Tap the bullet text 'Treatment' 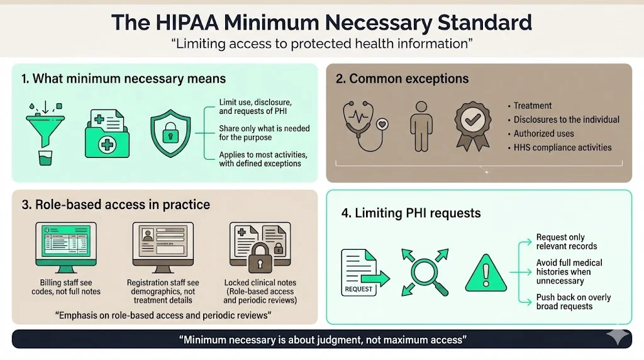tap(532, 106)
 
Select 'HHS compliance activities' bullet tap(562, 147)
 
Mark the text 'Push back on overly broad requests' tap(573, 301)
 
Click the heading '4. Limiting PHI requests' tap(411, 213)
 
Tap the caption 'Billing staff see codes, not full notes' tap(66, 287)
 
